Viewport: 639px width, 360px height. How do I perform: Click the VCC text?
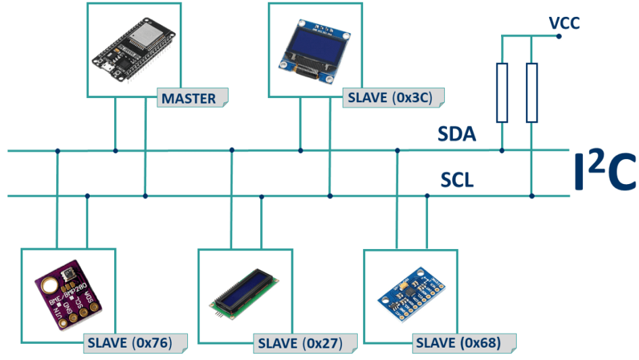[x=565, y=24]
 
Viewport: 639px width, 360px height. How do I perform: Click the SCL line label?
[x=457, y=181]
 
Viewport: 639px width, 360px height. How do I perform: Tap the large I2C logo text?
[x=605, y=173]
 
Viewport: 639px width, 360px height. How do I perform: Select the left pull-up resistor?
[x=502, y=93]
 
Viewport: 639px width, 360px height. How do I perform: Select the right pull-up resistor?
[x=532, y=93]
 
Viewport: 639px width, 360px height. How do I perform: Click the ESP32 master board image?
[x=134, y=48]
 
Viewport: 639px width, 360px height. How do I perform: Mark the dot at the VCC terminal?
[x=558, y=36]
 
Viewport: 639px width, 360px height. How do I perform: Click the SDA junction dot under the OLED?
[x=300, y=150]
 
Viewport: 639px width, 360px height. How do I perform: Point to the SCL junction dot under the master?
[x=145, y=196]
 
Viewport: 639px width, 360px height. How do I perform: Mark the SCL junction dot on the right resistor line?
[x=532, y=196]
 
